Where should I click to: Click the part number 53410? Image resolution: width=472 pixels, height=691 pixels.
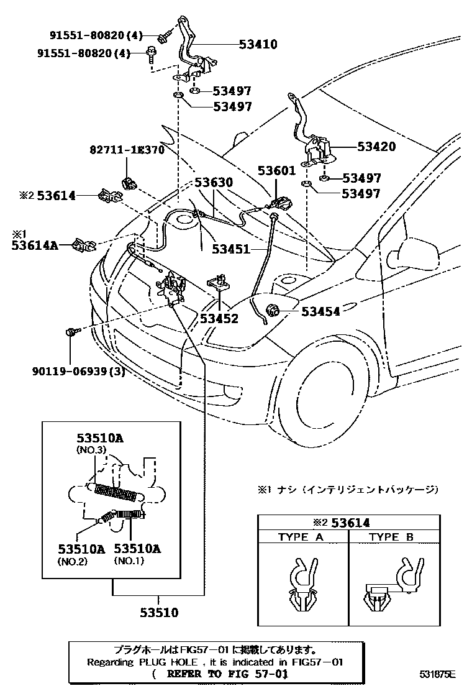258,45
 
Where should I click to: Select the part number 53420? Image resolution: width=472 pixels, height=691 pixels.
376,147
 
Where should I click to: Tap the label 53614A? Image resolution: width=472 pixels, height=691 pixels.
35,245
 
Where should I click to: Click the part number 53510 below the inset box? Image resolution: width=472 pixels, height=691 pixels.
159,613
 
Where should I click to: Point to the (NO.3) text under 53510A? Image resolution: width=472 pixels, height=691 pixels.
93,449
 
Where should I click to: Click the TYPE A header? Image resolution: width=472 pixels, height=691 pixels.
301,537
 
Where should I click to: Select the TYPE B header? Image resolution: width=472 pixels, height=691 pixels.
391,537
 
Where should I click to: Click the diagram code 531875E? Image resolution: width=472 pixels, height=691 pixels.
437,674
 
